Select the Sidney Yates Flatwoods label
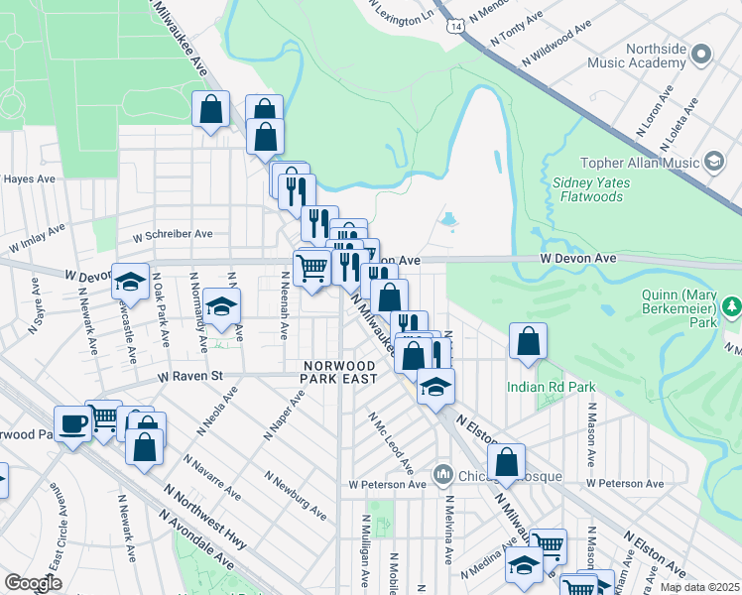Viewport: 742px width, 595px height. pos(587,189)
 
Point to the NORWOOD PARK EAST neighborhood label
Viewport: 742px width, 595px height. pos(340,373)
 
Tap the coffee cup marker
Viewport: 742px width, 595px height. pos(72,424)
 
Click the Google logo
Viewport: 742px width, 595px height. pos(34,582)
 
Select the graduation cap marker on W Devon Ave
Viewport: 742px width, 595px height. pos(130,282)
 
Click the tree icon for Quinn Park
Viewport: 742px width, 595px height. pos(732,306)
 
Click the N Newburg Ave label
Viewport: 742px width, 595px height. pos(296,495)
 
